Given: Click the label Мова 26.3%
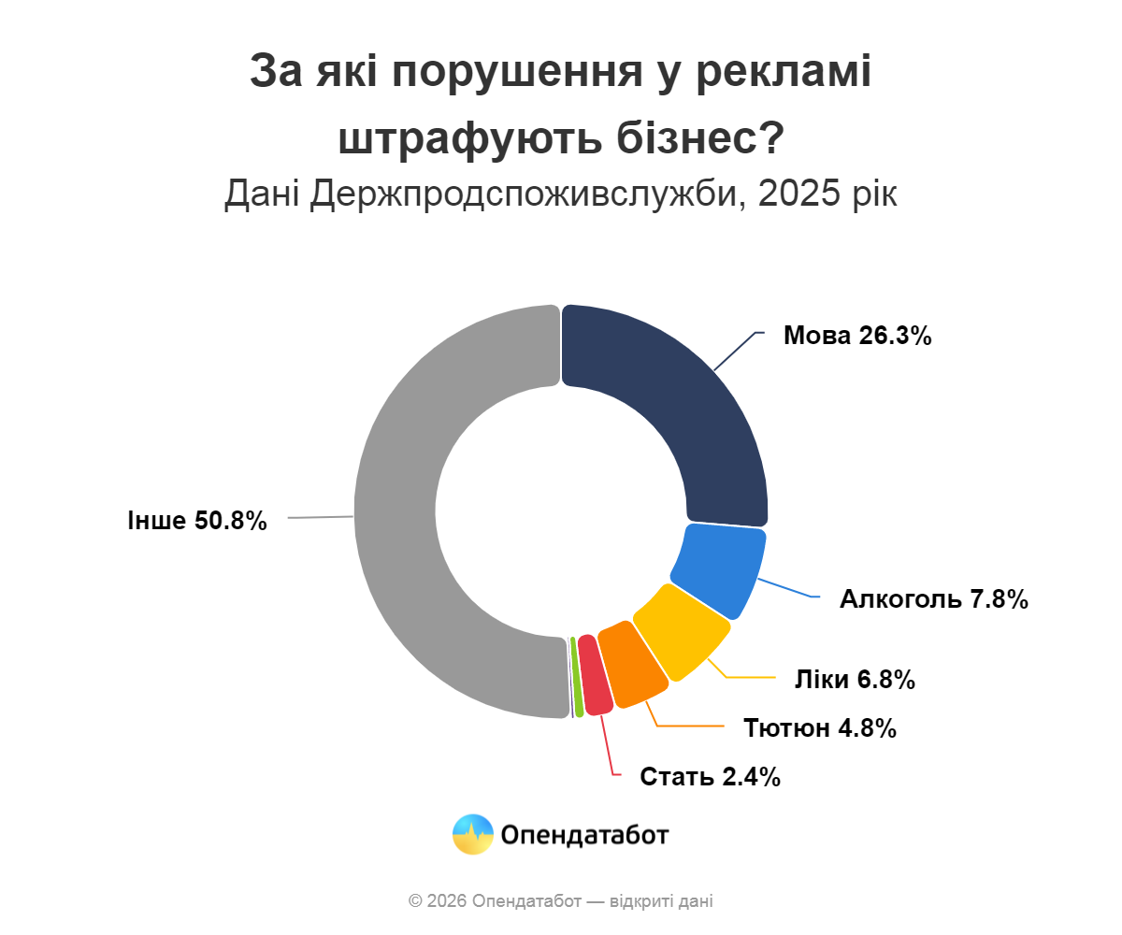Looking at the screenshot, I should pyautogui.click(x=857, y=336).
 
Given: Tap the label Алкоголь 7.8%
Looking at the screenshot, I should pyautogui.click(x=934, y=599).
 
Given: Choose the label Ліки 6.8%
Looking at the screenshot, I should pyautogui.click(x=854, y=680).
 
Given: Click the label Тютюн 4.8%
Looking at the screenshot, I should pyautogui.click(x=820, y=727).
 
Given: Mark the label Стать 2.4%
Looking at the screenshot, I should pyautogui.click(x=710, y=776).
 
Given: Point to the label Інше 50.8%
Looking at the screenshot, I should pyautogui.click(x=197, y=521).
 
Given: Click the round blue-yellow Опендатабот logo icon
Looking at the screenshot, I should pyautogui.click(x=472, y=834).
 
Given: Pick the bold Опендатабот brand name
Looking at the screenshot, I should pyautogui.click(x=585, y=834).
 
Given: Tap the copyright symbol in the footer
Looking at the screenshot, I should pyautogui.click(x=415, y=901).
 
